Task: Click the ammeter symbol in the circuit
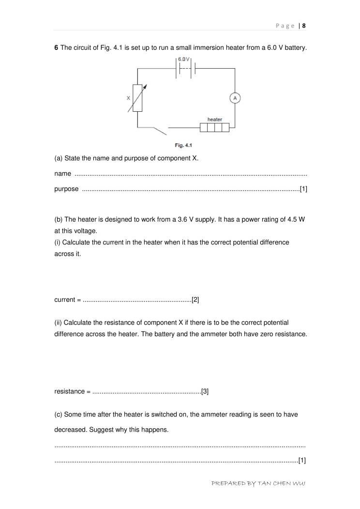(x=235, y=98)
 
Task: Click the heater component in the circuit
(x=214, y=128)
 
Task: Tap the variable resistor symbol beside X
(x=138, y=98)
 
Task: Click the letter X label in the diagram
(x=128, y=97)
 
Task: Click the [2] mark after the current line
(x=195, y=300)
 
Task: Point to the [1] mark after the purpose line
(x=303, y=189)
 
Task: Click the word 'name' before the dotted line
(x=62, y=174)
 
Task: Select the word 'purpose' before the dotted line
(x=66, y=189)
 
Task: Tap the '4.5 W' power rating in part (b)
(x=297, y=219)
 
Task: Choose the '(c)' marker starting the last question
(x=59, y=415)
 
